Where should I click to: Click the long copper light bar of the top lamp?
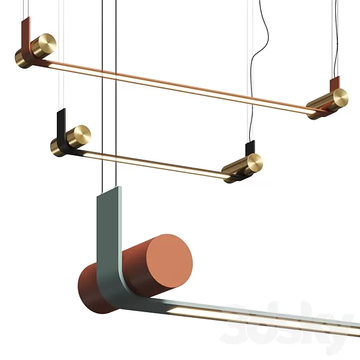pyautogui.click(x=180, y=84)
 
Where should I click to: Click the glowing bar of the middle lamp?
pyautogui.click(x=157, y=164)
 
